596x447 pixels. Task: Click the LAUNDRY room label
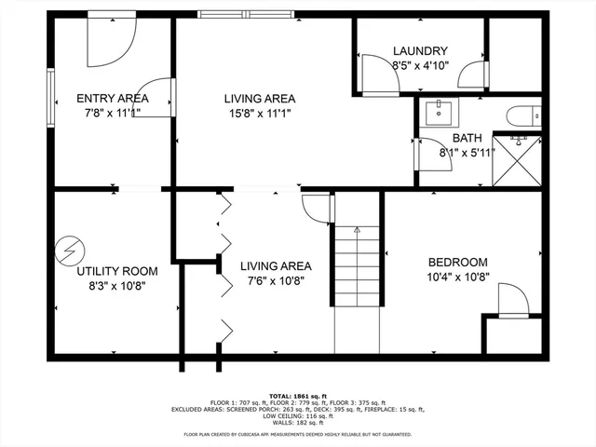click(x=420, y=51)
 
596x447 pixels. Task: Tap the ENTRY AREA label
click(x=113, y=99)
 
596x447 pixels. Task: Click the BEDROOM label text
click(x=458, y=263)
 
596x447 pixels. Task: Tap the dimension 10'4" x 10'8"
click(x=458, y=278)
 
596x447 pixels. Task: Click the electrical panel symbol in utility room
click(x=68, y=249)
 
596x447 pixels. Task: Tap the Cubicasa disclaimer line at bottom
click(x=298, y=434)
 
